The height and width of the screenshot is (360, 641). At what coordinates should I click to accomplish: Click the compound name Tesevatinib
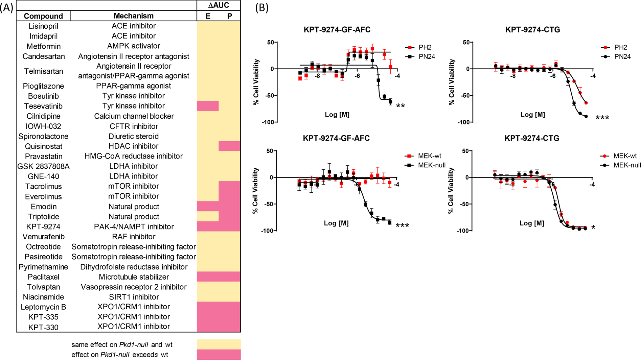click(x=43, y=106)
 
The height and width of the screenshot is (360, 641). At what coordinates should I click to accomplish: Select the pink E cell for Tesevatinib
click(x=207, y=106)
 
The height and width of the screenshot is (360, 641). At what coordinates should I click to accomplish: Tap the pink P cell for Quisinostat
click(x=229, y=146)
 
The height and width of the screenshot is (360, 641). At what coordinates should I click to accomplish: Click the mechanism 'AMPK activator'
click(x=134, y=46)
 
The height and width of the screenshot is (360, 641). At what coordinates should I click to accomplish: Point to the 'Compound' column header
click(x=43, y=16)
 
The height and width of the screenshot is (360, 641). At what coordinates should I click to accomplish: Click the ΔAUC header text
click(x=219, y=5)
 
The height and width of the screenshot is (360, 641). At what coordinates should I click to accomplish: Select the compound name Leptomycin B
click(x=43, y=307)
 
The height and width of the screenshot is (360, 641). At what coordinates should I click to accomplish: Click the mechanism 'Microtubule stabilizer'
click(x=134, y=277)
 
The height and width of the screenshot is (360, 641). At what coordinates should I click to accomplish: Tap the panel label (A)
click(x=7, y=7)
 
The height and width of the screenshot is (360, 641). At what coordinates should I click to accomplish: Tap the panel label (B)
click(x=262, y=7)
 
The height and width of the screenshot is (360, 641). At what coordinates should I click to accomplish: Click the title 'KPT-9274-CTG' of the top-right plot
click(x=532, y=29)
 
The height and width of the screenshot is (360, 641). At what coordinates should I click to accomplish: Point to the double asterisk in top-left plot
click(x=400, y=106)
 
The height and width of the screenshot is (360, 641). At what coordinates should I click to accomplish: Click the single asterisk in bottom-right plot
click(x=593, y=228)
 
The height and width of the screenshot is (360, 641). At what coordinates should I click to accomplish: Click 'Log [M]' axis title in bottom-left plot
click(x=336, y=223)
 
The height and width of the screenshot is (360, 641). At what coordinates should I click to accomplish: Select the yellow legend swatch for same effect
click(x=219, y=344)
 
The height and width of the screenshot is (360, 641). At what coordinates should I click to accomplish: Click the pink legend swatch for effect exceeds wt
click(x=219, y=355)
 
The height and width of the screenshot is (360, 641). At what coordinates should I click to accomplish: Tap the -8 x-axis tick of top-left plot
click(x=317, y=76)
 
